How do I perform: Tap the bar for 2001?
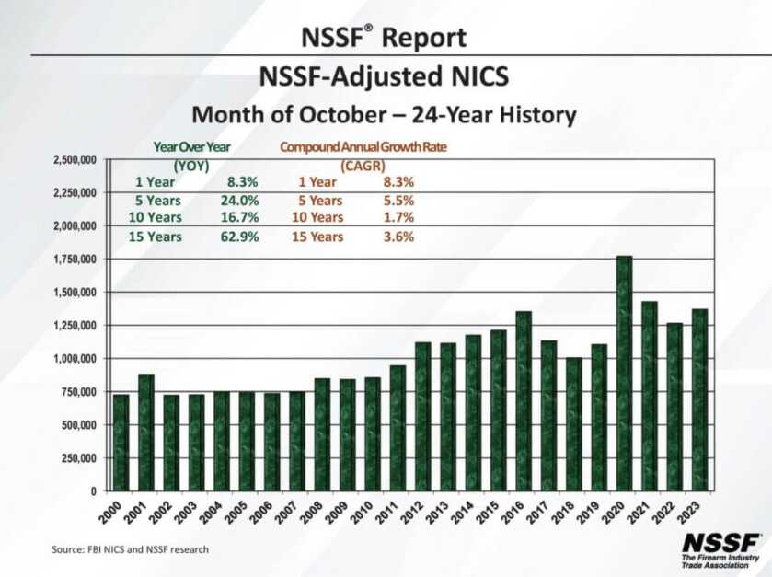pyautogui.click(x=146, y=432)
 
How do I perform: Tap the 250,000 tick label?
pyautogui.click(x=81, y=458)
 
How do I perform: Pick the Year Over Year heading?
pyautogui.click(x=191, y=147)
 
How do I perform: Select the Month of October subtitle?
pyautogui.click(x=384, y=116)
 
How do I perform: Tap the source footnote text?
pyautogui.click(x=130, y=549)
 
